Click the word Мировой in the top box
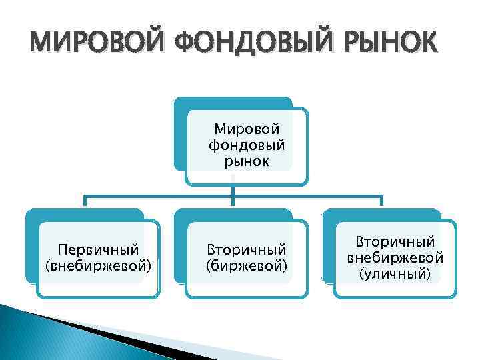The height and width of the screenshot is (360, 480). tap(247, 128)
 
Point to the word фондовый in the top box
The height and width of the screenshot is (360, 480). tap(247, 144)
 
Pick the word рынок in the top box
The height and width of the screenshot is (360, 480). tap(247, 161)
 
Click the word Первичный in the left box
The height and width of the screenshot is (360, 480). tap(99, 250)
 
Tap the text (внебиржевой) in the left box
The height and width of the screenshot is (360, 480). tap(99, 266)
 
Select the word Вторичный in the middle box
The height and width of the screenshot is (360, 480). tap(247, 250)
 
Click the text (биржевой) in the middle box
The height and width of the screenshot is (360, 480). tap(247, 266)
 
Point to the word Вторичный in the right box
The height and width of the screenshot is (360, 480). tap(395, 241)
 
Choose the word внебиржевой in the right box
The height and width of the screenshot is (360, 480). tap(395, 257)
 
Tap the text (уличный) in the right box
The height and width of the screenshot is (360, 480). tap(395, 273)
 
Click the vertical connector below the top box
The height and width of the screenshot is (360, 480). tap(232, 191)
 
